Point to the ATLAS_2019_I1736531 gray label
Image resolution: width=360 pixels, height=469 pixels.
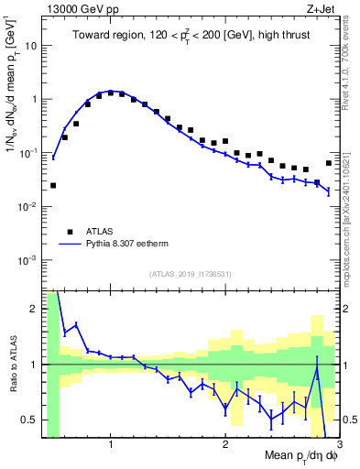(x=190, y=273)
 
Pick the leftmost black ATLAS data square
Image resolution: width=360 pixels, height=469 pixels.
(x=53, y=185)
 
